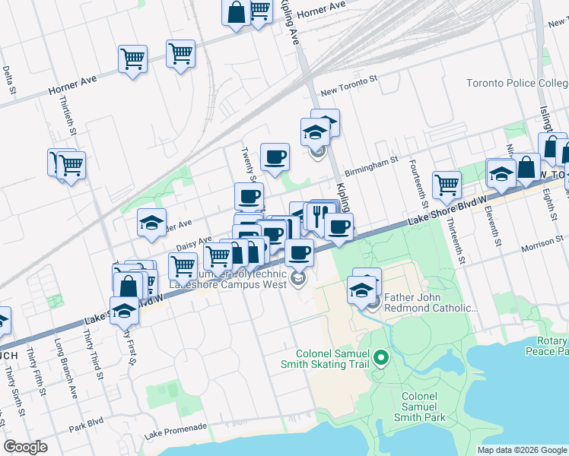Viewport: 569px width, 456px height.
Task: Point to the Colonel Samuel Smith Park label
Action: pos(419,407)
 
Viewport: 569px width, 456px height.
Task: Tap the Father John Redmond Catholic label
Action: pos(431,302)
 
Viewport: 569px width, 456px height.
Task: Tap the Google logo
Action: pos(26,447)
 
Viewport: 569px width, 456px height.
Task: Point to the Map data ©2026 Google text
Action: pos(521,450)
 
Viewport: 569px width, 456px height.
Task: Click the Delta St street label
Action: pos(9,80)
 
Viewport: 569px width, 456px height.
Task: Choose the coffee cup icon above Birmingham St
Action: pos(275,157)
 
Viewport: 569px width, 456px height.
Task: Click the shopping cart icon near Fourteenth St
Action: pos(447,183)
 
